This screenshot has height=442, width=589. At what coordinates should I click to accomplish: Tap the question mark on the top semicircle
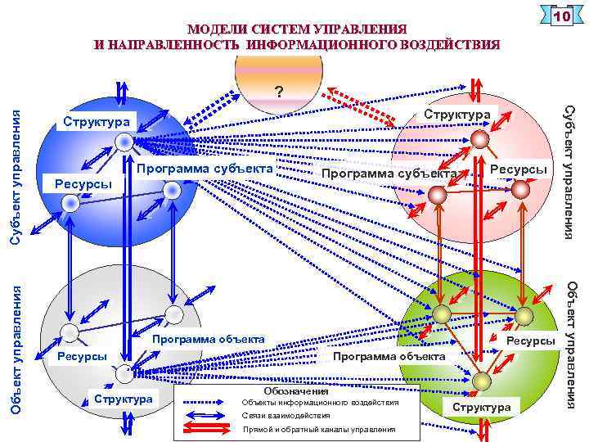point(281,91)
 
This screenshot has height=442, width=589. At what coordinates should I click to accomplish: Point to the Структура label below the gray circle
point(124,399)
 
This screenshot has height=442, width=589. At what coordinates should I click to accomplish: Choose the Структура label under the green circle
point(481,407)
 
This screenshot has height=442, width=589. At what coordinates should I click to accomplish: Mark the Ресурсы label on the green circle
point(532,340)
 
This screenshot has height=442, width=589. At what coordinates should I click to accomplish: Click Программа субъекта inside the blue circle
point(204,169)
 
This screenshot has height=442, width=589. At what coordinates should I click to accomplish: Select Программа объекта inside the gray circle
point(209,338)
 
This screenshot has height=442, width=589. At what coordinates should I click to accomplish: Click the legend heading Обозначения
point(285,391)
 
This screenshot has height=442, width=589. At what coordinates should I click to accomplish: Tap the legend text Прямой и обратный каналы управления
point(319,430)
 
